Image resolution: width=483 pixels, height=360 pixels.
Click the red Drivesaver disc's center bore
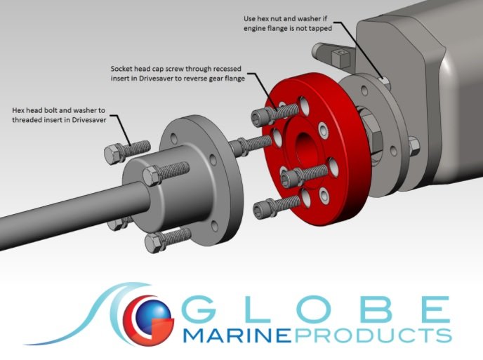point(304,148)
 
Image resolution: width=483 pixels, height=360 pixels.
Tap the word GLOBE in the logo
point(317,309)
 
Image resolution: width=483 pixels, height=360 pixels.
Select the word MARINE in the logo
point(237,335)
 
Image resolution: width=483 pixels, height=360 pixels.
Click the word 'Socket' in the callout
point(121,68)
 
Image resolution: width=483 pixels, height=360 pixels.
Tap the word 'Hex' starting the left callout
point(18,110)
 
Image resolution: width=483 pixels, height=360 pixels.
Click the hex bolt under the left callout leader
point(127,151)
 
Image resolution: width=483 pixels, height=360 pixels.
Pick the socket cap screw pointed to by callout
point(274,113)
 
